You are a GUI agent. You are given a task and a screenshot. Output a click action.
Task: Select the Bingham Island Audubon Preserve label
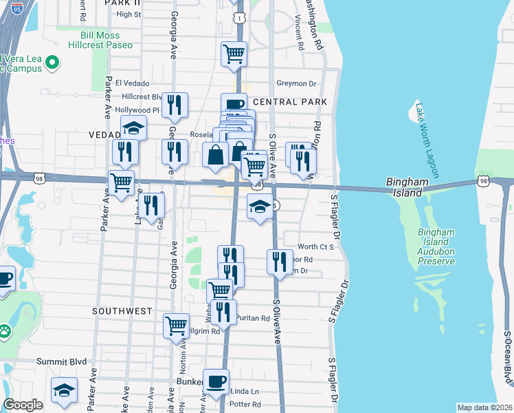[x=436, y=246]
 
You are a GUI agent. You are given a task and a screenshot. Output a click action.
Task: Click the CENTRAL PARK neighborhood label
[x=289, y=102]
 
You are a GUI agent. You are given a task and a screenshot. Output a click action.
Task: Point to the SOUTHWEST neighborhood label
[x=122, y=311]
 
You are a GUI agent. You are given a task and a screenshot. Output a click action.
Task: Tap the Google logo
[x=23, y=405]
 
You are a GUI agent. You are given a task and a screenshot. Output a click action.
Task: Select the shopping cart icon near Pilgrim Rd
[x=177, y=324]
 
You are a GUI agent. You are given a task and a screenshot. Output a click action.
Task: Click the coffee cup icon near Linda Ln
[x=216, y=381]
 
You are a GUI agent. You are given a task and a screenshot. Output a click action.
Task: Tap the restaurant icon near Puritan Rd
[x=223, y=312]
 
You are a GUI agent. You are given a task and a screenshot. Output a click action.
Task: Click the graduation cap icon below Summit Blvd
[x=65, y=391]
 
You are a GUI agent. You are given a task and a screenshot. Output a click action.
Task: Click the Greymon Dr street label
[x=295, y=83]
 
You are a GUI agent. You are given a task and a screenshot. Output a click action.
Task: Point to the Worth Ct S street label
[x=315, y=246]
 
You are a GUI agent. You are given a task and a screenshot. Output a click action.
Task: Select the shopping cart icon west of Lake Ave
[x=122, y=183]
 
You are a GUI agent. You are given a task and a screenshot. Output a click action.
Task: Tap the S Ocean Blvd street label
[x=508, y=358]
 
